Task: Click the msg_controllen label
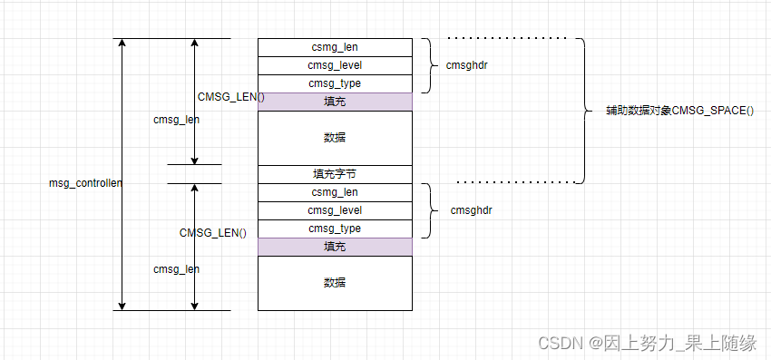point(85,183)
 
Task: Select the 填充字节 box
point(335,174)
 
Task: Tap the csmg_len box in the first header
point(335,47)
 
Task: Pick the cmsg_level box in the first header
point(335,65)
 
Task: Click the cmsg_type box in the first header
point(335,83)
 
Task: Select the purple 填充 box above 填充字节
point(335,102)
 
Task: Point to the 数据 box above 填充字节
point(335,138)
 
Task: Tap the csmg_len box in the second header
point(335,192)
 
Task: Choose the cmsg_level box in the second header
point(335,210)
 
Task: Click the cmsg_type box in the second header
point(335,229)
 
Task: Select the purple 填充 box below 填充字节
point(335,247)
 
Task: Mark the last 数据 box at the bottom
point(335,283)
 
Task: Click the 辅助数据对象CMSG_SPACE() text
point(679,111)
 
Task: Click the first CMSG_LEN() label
point(230,97)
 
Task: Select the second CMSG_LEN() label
point(212,233)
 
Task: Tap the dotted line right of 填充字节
point(512,182)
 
